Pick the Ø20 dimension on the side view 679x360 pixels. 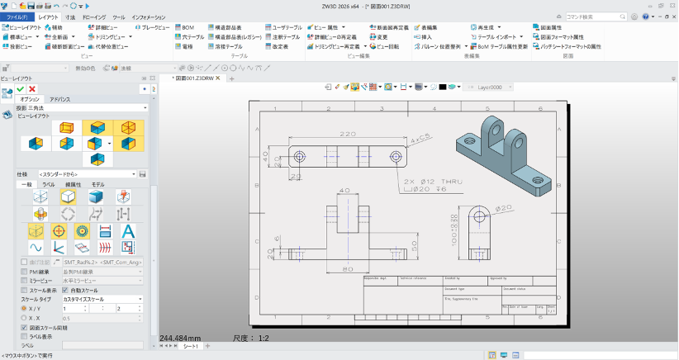(505, 207)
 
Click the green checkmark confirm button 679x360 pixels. (20, 88)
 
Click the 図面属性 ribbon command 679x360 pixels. (550, 27)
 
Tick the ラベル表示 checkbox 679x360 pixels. (23, 336)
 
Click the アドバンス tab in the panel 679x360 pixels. (61, 99)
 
